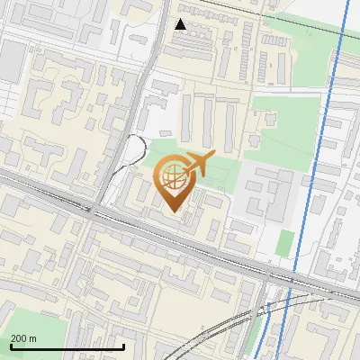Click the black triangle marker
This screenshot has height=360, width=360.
[181, 24]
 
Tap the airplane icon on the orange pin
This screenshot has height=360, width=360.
[198, 164]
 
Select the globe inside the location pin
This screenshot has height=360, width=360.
[174, 178]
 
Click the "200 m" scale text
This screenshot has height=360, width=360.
[23, 338]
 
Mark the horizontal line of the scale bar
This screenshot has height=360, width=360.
[67, 347]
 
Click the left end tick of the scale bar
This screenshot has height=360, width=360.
[11, 346]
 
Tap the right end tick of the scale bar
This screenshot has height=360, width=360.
[123, 346]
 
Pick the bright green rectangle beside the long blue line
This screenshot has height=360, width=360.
[284, 242]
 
